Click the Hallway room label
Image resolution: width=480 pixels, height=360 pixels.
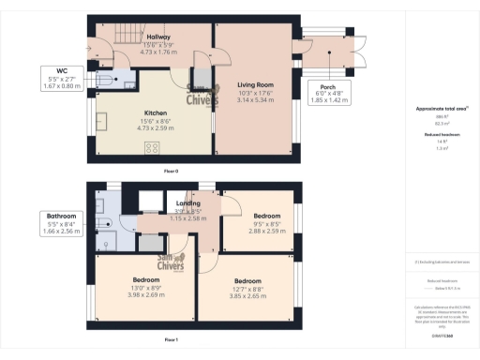click(x=131, y=37)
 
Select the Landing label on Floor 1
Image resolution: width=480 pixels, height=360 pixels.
click(x=187, y=202)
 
